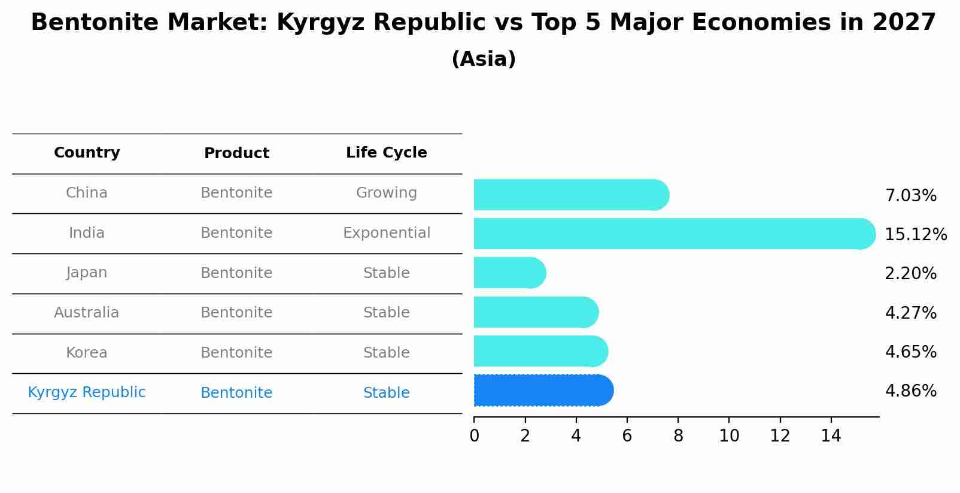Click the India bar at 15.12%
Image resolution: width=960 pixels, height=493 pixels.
click(673, 234)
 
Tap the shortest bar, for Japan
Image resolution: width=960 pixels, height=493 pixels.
click(509, 273)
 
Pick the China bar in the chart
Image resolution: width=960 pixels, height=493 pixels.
click(570, 195)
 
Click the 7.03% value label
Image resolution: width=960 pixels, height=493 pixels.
click(910, 196)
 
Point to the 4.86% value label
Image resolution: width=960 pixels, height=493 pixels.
click(910, 391)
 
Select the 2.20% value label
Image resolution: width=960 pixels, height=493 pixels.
click(910, 274)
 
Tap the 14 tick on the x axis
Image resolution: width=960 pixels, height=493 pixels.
click(831, 436)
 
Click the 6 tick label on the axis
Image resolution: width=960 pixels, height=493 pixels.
click(627, 436)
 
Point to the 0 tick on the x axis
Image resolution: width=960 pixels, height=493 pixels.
click(474, 436)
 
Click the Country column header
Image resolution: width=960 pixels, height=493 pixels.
click(87, 153)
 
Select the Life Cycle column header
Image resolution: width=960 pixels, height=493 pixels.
click(386, 153)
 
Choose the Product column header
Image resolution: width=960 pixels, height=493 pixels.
click(236, 153)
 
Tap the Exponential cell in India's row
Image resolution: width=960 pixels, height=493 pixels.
click(386, 233)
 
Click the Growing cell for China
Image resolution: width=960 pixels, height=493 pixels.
click(386, 193)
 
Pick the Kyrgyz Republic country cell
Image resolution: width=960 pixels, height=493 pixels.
click(87, 392)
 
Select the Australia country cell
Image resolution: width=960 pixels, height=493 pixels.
click(87, 313)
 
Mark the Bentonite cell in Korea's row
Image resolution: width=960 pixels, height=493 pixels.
click(236, 353)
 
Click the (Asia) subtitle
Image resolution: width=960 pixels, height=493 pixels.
click(484, 59)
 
